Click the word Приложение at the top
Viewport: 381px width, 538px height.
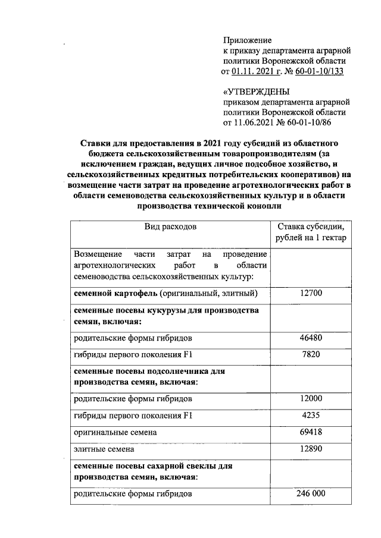[x=247, y=40]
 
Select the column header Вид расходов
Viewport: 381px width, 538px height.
[x=171, y=226]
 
